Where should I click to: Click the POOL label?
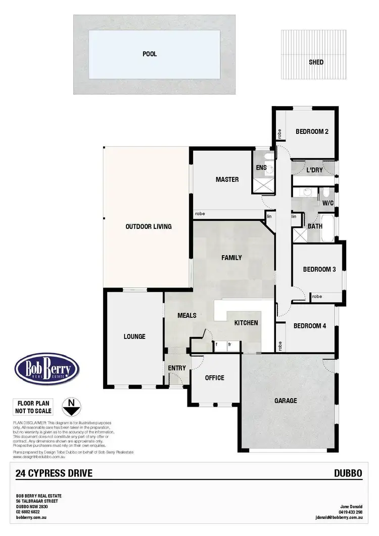(x=150, y=54)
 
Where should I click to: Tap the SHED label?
(x=316, y=63)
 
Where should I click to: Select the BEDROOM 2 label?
(x=312, y=132)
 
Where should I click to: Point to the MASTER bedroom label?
(x=227, y=179)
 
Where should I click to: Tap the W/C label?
(x=328, y=203)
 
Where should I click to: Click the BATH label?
(x=315, y=226)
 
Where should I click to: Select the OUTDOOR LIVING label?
(x=149, y=226)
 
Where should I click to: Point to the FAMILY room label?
(x=231, y=258)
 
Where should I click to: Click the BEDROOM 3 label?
(x=319, y=270)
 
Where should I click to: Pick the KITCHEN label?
(x=246, y=323)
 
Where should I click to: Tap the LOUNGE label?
(x=134, y=336)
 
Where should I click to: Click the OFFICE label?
(x=214, y=378)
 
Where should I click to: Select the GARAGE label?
(x=286, y=401)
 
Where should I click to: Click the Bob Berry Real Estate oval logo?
(x=47, y=370)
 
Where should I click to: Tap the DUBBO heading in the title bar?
(x=348, y=473)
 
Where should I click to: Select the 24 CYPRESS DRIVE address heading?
(x=54, y=473)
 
